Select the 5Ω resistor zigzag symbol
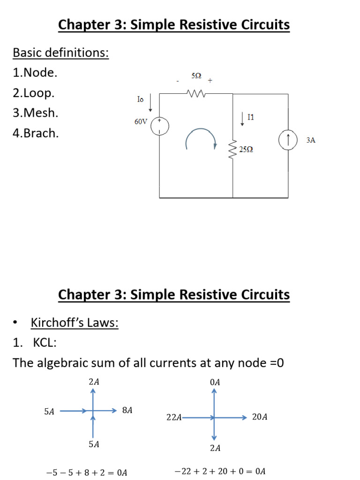tap(196, 93)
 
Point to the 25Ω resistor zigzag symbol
tap(232, 150)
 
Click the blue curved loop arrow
tap(201, 129)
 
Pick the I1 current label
tap(251, 117)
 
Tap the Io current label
tap(140, 99)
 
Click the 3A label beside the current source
tap(311, 140)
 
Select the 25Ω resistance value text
tap(246, 150)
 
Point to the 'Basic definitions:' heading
tap(60, 52)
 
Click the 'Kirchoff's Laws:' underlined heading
tap(75, 322)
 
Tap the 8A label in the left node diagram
tap(127, 410)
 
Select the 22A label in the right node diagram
tap(174, 417)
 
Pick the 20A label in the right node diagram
tap(260, 417)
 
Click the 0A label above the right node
tap(215, 382)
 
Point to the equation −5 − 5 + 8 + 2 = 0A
tap(86, 472)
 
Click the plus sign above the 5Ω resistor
tap(210, 81)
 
